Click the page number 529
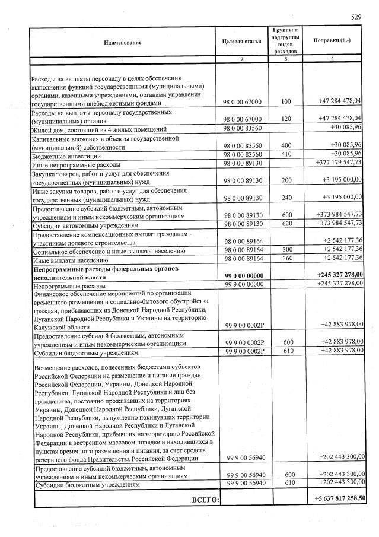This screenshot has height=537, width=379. pyautogui.click(x=355, y=17)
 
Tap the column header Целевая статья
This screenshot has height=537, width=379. pyautogui.click(x=241, y=40)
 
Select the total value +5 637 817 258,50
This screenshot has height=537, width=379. pyautogui.click(x=340, y=498)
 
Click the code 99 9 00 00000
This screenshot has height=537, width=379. pyautogui.click(x=243, y=284)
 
